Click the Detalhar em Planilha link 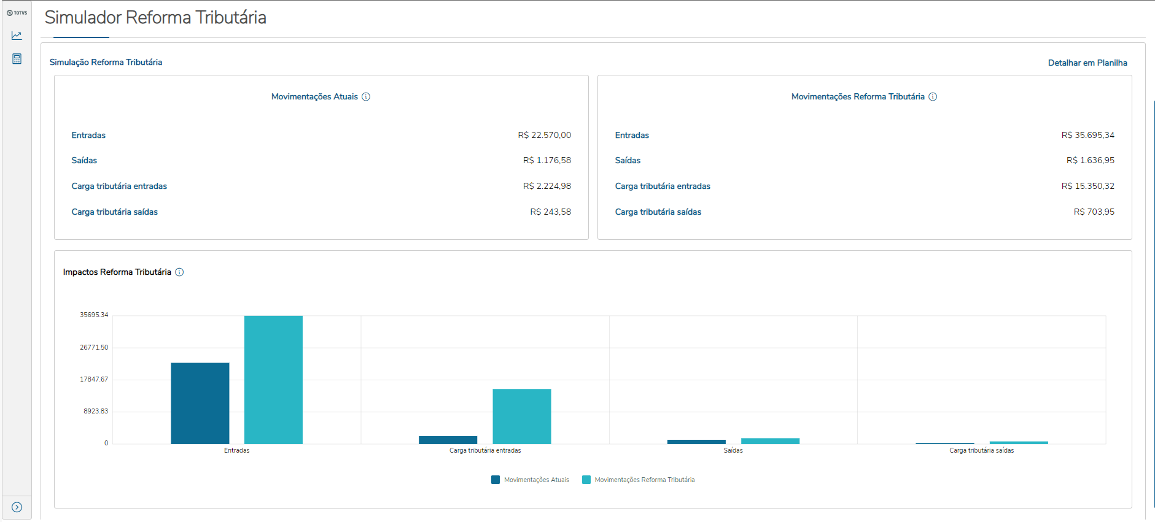click(x=1087, y=63)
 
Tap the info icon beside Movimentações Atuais click(x=366, y=97)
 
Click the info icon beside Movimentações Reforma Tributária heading click(x=933, y=97)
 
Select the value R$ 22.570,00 click(x=544, y=135)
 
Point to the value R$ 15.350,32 click(x=1087, y=186)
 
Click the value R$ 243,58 click(x=550, y=212)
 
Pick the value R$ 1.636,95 click(x=1090, y=160)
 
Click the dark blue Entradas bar click(x=200, y=403)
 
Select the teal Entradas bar click(x=273, y=380)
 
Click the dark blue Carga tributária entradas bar click(x=448, y=440)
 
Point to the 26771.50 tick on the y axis click(x=94, y=347)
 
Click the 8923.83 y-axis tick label click(x=96, y=411)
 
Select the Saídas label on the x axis click(x=733, y=450)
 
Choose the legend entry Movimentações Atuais click(x=531, y=480)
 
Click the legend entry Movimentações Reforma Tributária click(x=639, y=480)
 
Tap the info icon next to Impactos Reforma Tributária click(x=179, y=272)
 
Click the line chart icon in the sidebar click(x=17, y=36)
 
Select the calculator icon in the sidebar click(x=17, y=59)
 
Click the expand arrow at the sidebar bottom click(x=17, y=507)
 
